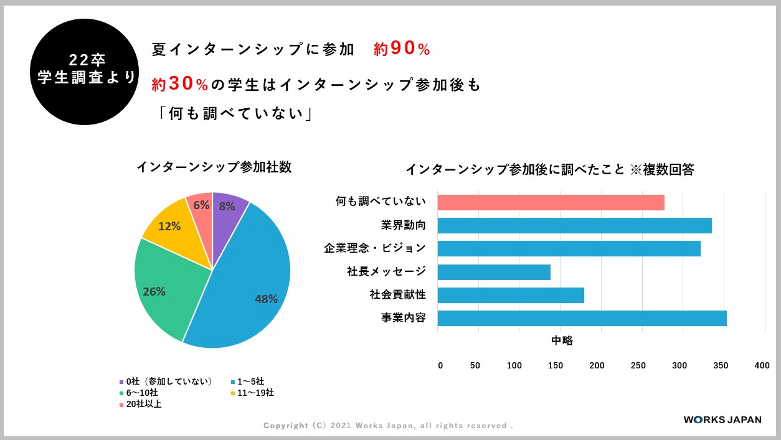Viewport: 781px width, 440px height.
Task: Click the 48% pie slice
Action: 249,286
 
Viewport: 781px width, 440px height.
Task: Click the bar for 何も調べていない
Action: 551,202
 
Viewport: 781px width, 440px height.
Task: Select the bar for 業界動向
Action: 574,225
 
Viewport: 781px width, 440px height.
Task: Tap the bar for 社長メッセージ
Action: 494,272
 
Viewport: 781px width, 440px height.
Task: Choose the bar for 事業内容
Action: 582,318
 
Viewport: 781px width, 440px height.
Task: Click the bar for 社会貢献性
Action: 511,295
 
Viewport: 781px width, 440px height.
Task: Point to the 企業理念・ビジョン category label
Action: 375,248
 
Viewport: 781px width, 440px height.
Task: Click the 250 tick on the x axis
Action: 639,366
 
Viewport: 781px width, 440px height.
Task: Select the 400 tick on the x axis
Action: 762,366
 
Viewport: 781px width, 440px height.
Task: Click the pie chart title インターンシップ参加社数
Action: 214,167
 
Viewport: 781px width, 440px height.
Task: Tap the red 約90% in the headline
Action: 402,50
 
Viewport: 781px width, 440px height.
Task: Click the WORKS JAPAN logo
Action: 722,419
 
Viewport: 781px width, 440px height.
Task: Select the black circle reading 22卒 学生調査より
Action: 85,72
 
